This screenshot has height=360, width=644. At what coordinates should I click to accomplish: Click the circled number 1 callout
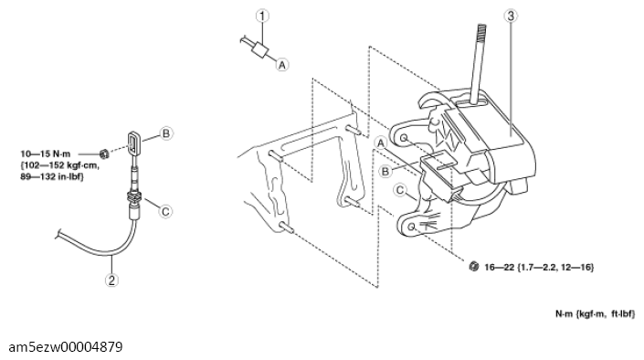pos(262,16)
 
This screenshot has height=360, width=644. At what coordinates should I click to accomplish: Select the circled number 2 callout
pos(111,281)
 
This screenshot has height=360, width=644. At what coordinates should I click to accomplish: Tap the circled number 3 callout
pos(511,16)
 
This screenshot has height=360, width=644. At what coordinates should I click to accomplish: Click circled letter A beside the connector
pos(282,65)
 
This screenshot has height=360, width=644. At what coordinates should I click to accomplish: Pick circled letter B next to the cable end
pos(166,133)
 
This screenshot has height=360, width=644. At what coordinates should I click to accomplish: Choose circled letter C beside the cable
pos(165,211)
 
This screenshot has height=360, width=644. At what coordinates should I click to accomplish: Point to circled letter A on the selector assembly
pos(381,143)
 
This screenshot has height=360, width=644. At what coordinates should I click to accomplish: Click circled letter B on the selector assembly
pos(385,171)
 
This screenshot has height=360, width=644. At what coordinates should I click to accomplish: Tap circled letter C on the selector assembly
pos(399,190)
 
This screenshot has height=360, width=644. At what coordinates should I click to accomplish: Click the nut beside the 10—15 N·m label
pos(104,154)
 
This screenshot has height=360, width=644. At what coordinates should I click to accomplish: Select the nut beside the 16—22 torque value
pos(473,266)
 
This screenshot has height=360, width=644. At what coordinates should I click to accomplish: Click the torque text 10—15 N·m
pos(46,154)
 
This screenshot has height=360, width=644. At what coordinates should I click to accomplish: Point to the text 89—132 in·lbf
pos(52,176)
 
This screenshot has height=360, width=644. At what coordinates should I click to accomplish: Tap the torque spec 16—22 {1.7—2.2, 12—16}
pos(539,267)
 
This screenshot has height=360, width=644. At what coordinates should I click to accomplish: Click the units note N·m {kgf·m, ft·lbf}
pos(595,314)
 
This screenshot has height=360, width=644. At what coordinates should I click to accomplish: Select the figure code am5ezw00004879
pos(65,347)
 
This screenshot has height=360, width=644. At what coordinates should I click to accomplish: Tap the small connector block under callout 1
pos(260,50)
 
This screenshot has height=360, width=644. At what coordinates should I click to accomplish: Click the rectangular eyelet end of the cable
pos(133,143)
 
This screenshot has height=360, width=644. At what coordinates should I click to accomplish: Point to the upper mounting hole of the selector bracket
pos(404,138)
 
